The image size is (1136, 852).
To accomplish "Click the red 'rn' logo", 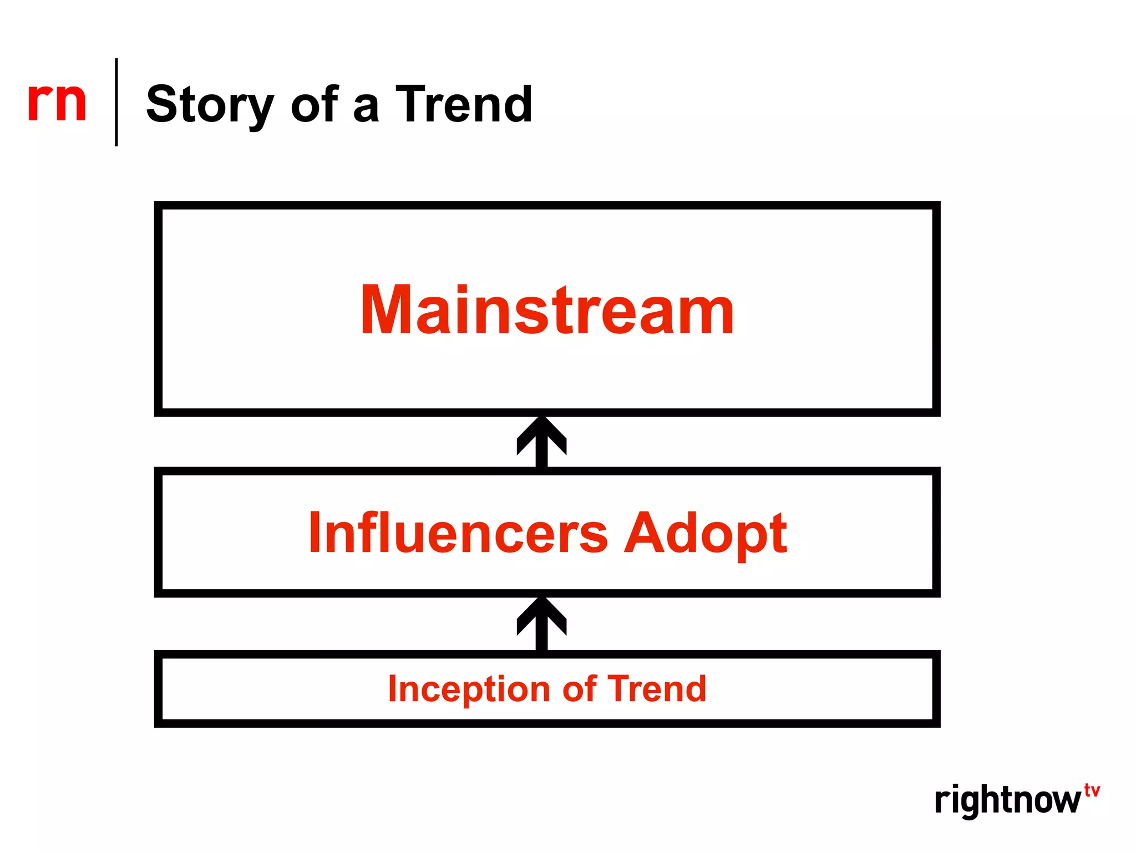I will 57,102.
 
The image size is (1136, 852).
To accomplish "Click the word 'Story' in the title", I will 210,105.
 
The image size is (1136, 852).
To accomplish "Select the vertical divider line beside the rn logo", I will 116,102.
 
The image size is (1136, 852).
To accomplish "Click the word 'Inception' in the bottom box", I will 469,689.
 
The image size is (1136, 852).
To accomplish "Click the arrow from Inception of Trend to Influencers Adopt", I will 541,623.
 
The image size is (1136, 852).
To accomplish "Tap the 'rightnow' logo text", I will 1007,800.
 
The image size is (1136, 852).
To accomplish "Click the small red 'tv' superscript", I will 1092,790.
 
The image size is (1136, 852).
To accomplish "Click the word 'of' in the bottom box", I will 579,689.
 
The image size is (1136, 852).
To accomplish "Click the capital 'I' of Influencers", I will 315,532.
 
